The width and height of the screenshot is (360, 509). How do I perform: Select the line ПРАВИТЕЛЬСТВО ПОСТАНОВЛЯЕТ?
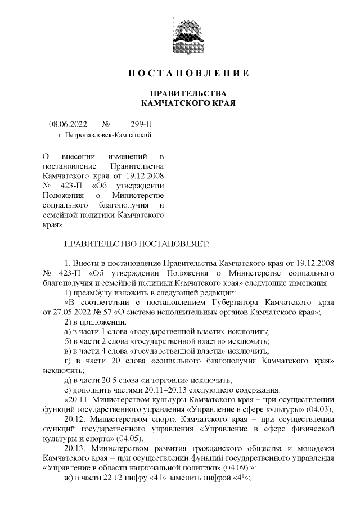pyautogui.click(x=137, y=244)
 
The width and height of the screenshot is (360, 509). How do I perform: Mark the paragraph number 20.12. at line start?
pyautogui.click(x=76, y=420)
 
